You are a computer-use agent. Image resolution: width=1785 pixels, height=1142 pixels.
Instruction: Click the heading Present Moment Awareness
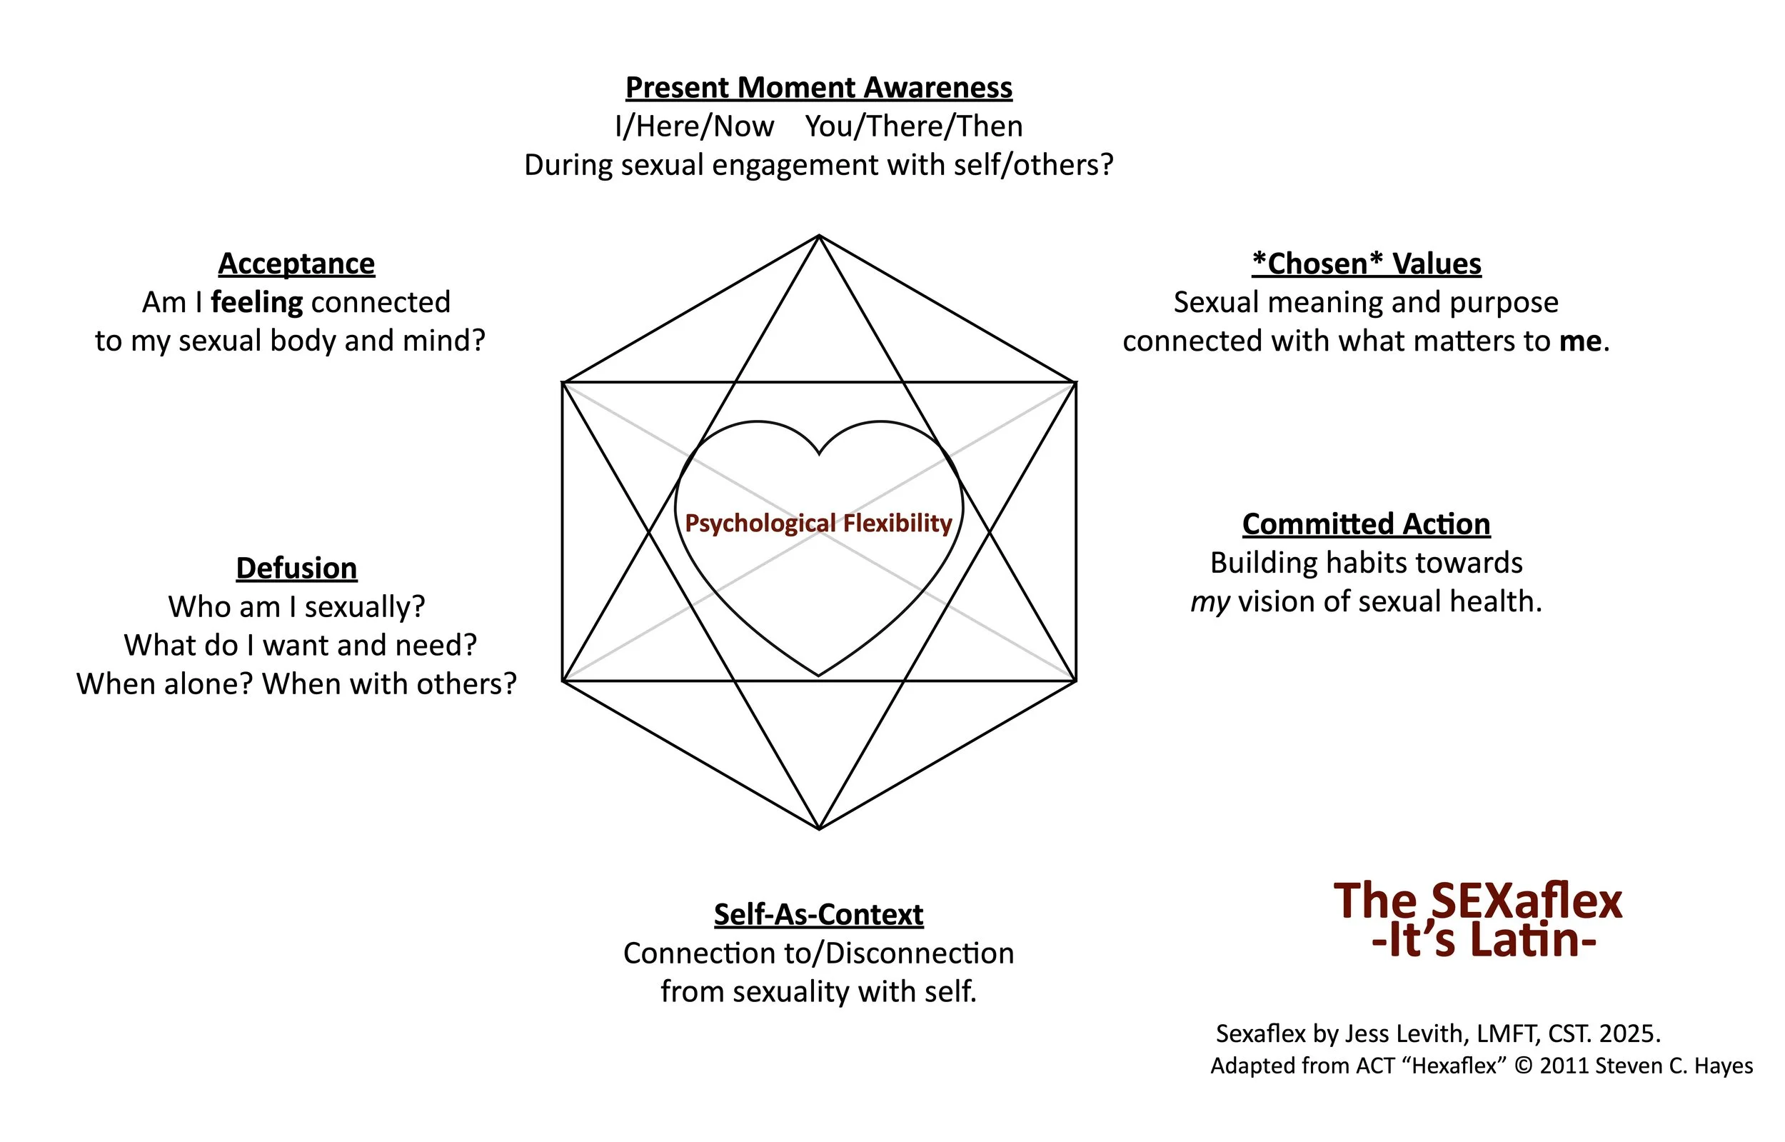(x=818, y=88)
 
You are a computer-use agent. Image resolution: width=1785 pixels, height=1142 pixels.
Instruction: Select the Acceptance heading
(x=296, y=264)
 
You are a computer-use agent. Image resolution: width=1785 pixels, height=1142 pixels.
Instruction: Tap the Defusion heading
(x=296, y=568)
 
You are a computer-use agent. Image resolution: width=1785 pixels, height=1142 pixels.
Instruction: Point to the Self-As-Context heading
(x=818, y=914)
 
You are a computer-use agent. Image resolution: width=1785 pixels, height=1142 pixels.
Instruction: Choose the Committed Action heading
(x=1366, y=524)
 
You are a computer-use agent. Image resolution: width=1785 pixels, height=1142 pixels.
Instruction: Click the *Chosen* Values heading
(x=1366, y=264)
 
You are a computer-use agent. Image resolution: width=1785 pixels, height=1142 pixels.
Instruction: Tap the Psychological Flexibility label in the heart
(x=818, y=523)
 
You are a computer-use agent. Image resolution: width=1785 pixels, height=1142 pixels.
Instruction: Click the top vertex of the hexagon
(x=819, y=236)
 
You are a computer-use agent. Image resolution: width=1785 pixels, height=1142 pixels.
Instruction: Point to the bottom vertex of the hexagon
(x=819, y=829)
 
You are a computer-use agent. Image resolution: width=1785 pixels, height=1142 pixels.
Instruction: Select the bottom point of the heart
(x=819, y=676)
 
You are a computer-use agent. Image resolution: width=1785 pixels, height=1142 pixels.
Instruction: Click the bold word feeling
(x=256, y=303)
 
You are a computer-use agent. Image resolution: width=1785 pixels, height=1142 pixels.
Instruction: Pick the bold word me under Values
(x=1580, y=341)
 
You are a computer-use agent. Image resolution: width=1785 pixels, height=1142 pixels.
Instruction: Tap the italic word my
(x=1210, y=602)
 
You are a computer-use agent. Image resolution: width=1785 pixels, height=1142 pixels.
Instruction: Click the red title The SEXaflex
(x=1477, y=901)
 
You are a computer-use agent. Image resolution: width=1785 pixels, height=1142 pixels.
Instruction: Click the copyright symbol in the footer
(x=1524, y=1066)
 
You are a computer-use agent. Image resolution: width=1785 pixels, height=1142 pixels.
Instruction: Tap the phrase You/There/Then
(x=913, y=127)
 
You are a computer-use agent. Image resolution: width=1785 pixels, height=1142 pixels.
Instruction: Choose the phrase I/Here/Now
(x=694, y=127)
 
